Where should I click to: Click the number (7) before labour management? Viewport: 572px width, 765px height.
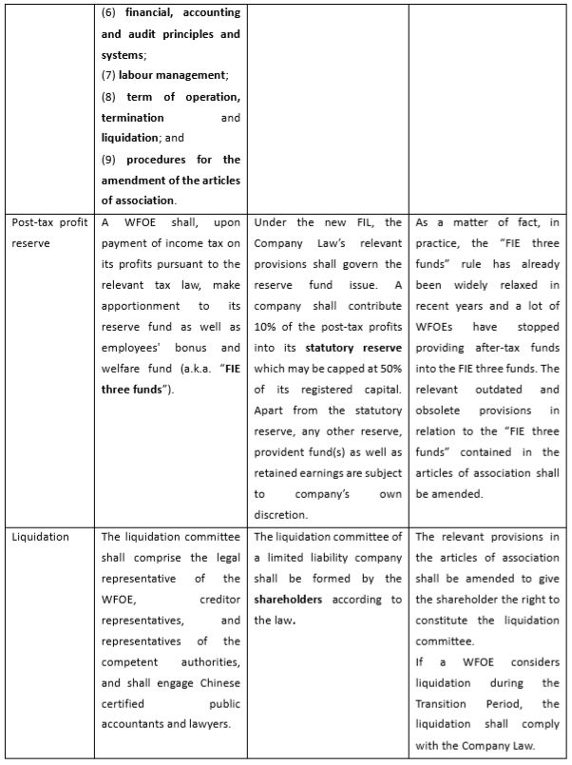(x=108, y=75)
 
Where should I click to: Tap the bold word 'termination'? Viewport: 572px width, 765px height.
(x=133, y=118)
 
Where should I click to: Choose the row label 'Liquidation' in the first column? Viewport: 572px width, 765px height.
(x=41, y=537)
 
